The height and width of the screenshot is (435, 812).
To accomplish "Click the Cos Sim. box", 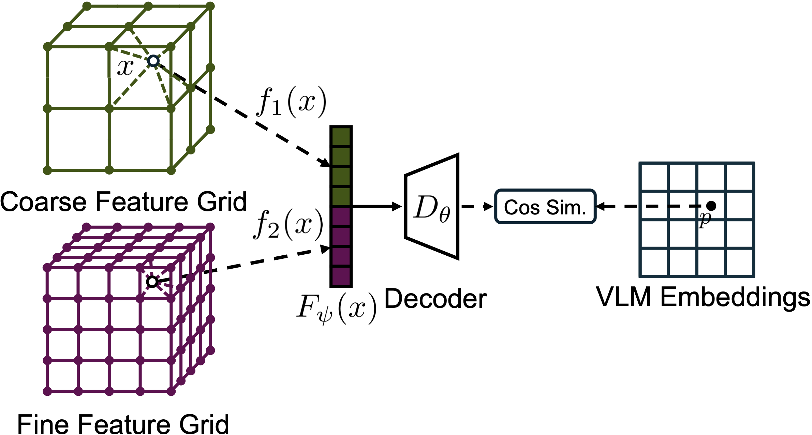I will pyautogui.click(x=545, y=207).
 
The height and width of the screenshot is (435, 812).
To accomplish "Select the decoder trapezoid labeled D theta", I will pyautogui.click(x=432, y=207).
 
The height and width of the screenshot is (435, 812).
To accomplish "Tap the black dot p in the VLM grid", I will pyautogui.click(x=711, y=206).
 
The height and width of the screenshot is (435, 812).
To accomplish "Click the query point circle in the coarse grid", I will pyautogui.click(x=153, y=61).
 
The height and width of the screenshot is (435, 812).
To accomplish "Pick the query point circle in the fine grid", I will pyautogui.click(x=152, y=282).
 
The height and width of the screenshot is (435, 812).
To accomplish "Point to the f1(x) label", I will pyautogui.click(x=292, y=102).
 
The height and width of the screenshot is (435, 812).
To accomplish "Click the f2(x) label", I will pyautogui.click(x=289, y=225).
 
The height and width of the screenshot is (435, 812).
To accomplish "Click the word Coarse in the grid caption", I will pyautogui.click(x=45, y=202).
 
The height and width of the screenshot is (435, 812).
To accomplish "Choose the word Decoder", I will pyautogui.click(x=435, y=299).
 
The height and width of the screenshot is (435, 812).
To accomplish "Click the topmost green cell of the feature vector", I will pyautogui.click(x=341, y=137).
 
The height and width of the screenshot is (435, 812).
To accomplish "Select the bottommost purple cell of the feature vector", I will pyautogui.click(x=341, y=276).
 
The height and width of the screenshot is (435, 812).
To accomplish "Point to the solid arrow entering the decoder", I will pyautogui.click(x=377, y=207).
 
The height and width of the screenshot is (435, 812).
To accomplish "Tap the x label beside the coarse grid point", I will pyautogui.click(x=125, y=67).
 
